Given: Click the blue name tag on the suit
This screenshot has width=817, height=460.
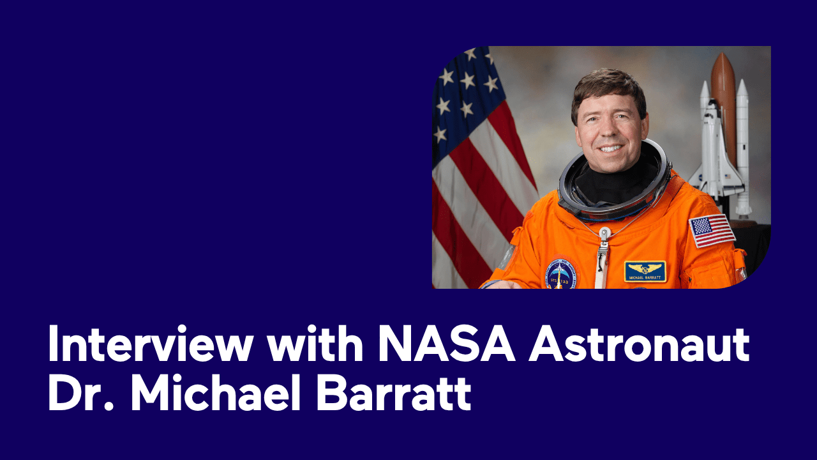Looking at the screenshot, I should click(x=645, y=272).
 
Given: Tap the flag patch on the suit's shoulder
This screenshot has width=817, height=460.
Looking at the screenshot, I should click(x=711, y=230).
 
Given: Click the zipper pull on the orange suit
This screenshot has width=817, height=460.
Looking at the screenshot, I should click(x=601, y=256).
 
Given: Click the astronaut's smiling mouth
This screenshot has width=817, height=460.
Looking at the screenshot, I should click(x=609, y=148).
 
